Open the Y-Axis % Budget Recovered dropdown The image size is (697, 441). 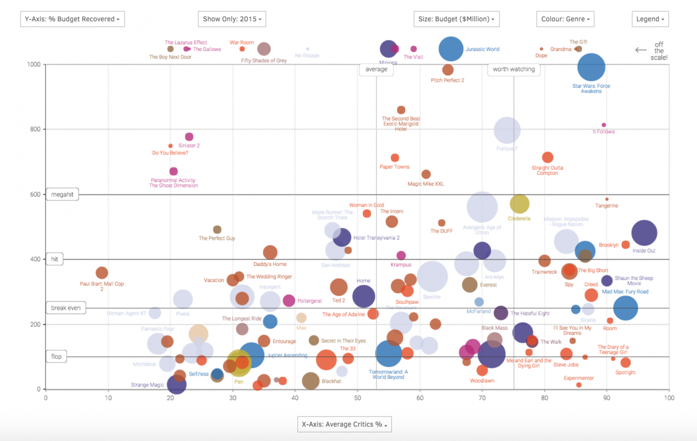coord(72,19)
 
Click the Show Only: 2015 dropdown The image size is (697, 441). coord(232,19)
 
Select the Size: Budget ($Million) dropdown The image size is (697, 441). coord(456,19)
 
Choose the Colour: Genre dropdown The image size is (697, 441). coord(565,19)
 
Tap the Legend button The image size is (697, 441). coord(650,19)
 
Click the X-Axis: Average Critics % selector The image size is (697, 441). coord(344,424)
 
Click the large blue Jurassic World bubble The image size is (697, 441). coord(451,49)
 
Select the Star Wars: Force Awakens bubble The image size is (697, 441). coord(591,67)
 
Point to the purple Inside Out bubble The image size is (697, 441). coord(644,233)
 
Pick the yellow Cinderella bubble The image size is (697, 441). coord(519,204)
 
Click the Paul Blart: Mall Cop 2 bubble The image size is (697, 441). coord(102,273)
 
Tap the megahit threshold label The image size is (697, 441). coord(62,194)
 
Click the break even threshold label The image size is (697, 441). coord(66,308)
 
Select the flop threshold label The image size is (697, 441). coord(56,356)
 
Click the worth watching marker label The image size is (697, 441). coord(514,69)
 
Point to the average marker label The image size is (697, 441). coord(376,69)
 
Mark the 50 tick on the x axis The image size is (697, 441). coord(358,398)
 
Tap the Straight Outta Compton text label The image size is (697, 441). coord(547,170)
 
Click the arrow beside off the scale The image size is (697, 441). coord(641,50)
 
